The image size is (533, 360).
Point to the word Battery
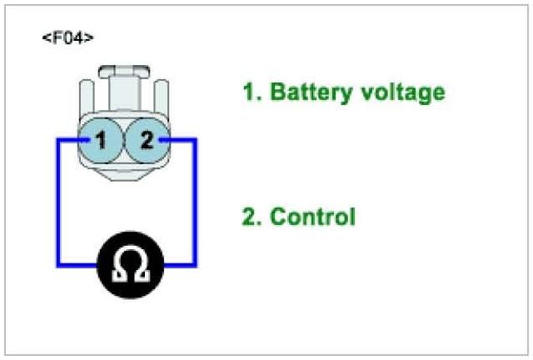[308, 92]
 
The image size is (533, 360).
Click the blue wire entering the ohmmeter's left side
[79, 266]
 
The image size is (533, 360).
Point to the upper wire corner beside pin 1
[57, 140]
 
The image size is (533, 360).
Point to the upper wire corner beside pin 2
[195, 140]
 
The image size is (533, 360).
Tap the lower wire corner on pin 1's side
[57, 266]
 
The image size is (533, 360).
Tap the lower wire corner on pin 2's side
[195, 266]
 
